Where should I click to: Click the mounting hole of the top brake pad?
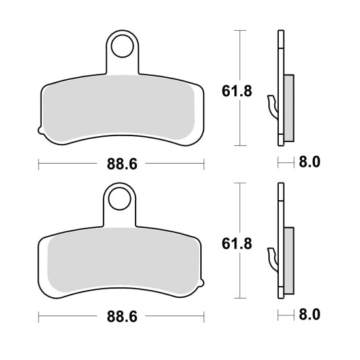point(122,46)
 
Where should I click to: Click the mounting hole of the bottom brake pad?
point(119,199)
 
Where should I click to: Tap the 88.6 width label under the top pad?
point(122,164)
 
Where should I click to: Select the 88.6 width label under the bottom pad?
point(122,316)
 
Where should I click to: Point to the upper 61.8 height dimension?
point(237,91)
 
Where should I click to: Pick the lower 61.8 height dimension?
point(237,243)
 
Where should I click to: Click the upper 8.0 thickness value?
point(309,162)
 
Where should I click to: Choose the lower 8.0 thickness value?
point(309,315)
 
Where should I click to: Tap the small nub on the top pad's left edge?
point(40,130)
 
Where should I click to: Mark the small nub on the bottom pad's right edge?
point(202,283)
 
